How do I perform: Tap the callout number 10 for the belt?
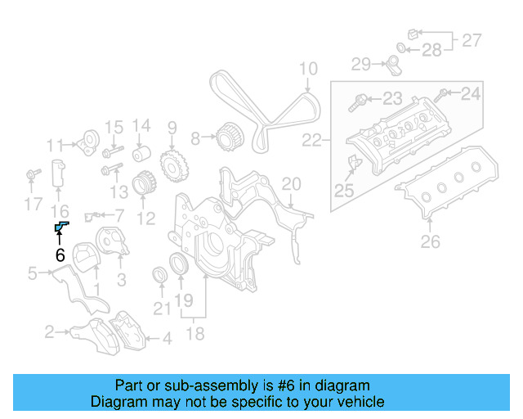point(307,69)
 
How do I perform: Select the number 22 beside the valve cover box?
point(311,141)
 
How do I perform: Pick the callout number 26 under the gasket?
point(430,241)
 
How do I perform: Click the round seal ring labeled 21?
point(159,274)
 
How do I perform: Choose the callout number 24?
point(472,95)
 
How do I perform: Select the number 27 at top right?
point(472,38)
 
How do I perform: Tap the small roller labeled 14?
point(142,155)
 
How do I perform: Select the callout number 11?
point(55,146)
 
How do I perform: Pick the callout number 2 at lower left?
point(50,331)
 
